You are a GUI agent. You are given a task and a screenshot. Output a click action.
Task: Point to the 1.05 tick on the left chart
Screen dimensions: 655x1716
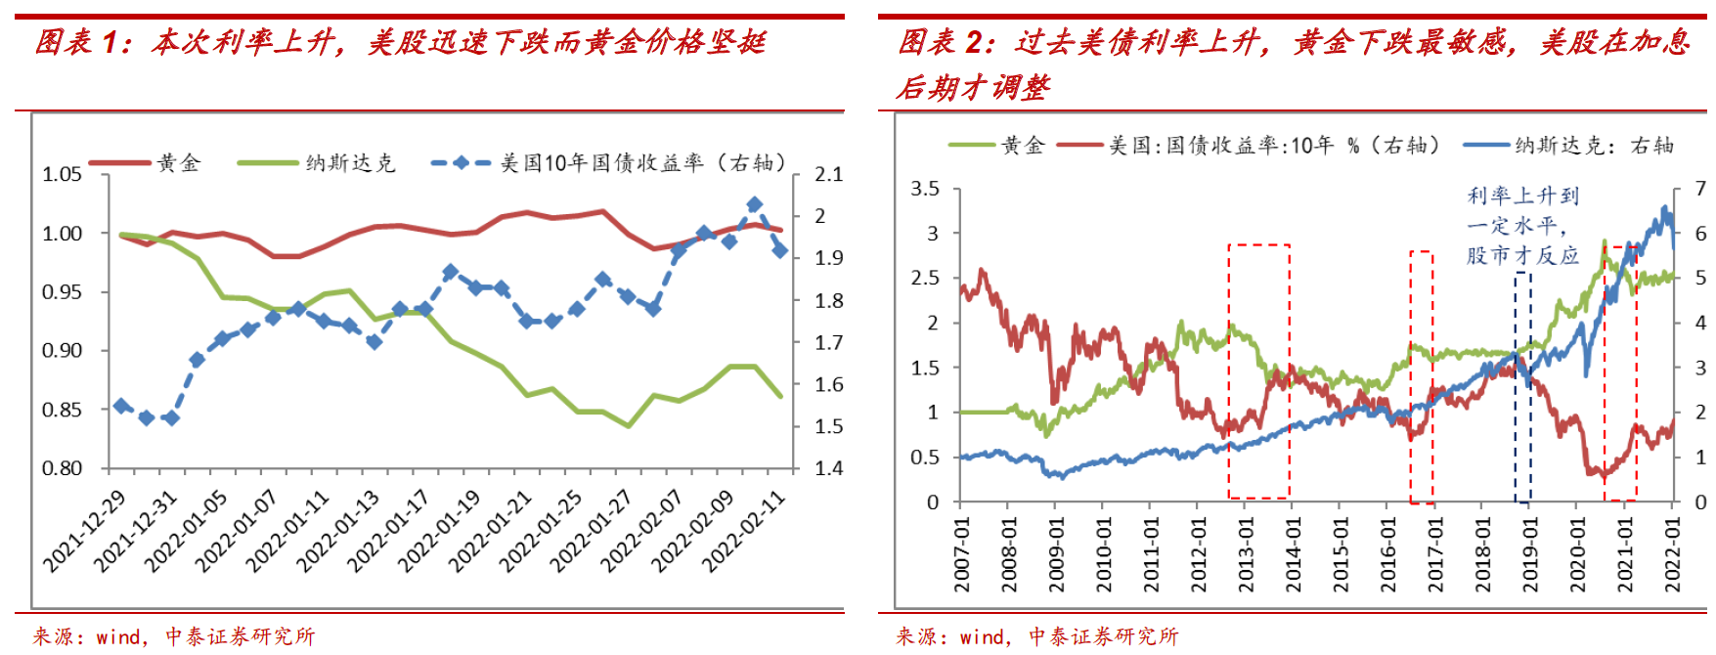[x=63, y=174]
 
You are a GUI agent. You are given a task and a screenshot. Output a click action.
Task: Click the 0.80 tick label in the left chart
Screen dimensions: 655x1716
[x=63, y=468]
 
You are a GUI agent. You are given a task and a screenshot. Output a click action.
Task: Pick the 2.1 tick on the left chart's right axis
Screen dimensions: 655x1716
[x=829, y=174]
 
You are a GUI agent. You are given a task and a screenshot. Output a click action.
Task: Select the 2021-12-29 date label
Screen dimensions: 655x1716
[x=85, y=531]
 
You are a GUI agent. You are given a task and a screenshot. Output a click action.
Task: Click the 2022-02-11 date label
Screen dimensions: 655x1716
[x=744, y=531]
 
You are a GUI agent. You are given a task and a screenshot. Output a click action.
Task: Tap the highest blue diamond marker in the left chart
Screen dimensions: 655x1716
[x=754, y=205]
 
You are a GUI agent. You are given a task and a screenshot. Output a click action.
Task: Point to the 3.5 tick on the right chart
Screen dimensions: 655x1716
[x=925, y=189]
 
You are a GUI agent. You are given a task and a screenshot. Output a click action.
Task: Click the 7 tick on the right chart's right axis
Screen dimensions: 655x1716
[x=1700, y=189]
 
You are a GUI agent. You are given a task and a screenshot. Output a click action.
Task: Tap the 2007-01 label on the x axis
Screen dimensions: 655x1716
[x=963, y=554]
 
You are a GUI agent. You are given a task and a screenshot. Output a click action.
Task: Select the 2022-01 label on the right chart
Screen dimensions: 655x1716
[x=1673, y=554]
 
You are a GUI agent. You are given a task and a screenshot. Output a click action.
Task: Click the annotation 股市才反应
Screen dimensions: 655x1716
[x=1522, y=256]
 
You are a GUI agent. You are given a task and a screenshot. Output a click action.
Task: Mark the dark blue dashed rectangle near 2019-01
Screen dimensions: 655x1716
[x=1523, y=387]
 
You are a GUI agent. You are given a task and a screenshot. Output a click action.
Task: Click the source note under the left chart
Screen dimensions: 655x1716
[x=174, y=637]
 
